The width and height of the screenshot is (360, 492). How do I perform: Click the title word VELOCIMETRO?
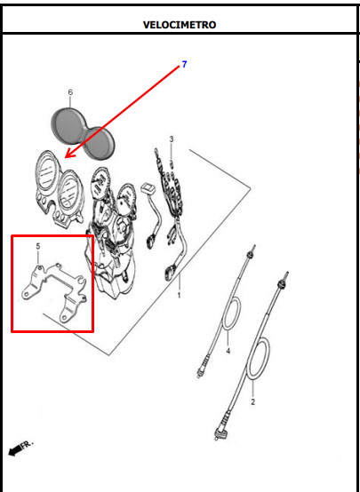[180, 25]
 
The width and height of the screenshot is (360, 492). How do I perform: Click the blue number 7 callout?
[184, 64]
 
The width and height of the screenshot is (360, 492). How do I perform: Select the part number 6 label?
[70, 92]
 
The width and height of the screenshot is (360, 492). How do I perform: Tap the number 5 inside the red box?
[38, 246]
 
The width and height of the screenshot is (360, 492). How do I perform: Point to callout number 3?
[172, 139]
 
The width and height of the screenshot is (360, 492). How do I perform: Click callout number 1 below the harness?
[179, 295]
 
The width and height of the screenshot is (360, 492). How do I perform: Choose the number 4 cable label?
[228, 351]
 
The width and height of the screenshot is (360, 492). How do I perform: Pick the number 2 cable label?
[252, 401]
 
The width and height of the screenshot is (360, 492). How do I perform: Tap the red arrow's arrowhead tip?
[65, 157]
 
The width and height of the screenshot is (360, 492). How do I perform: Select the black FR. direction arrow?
[14, 451]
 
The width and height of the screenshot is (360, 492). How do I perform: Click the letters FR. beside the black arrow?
[27, 445]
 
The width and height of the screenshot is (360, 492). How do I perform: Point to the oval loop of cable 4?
[231, 313]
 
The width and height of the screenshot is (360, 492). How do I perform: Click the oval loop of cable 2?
[259, 358]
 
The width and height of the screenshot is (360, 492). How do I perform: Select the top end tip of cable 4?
[253, 247]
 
